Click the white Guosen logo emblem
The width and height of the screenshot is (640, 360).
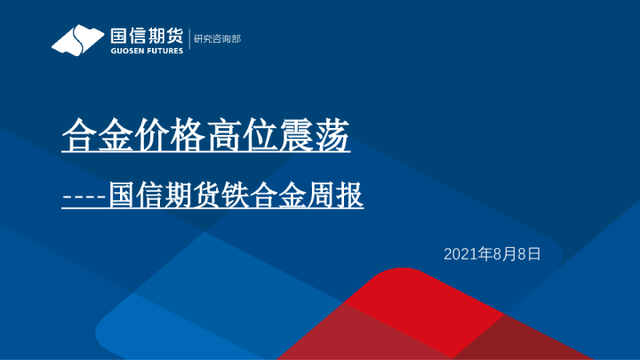(x=78, y=40)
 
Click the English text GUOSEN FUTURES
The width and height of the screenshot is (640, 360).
(x=146, y=51)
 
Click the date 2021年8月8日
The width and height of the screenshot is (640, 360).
(x=492, y=254)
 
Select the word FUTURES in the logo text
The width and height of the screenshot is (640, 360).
(x=164, y=51)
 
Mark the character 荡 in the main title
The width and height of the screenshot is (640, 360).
(x=337, y=139)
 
